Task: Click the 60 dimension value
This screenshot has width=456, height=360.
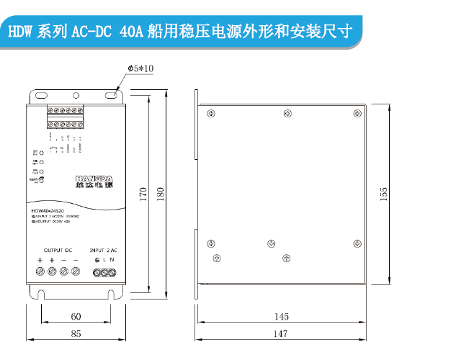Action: click(76, 316)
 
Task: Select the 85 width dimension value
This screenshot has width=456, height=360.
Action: click(76, 335)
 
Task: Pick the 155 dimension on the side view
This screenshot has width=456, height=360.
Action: click(384, 193)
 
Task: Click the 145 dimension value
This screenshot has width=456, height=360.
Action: click(282, 316)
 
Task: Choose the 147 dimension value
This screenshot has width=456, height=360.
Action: click(282, 335)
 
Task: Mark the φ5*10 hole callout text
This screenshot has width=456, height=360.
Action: click(140, 68)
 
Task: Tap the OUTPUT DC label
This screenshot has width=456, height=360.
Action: click(58, 249)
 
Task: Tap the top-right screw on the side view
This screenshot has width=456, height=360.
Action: click(354, 113)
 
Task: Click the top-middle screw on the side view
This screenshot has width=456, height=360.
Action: click(287, 113)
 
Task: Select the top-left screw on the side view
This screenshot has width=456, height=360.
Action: click(210, 113)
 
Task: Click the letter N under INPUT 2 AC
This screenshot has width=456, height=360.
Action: click(113, 259)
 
